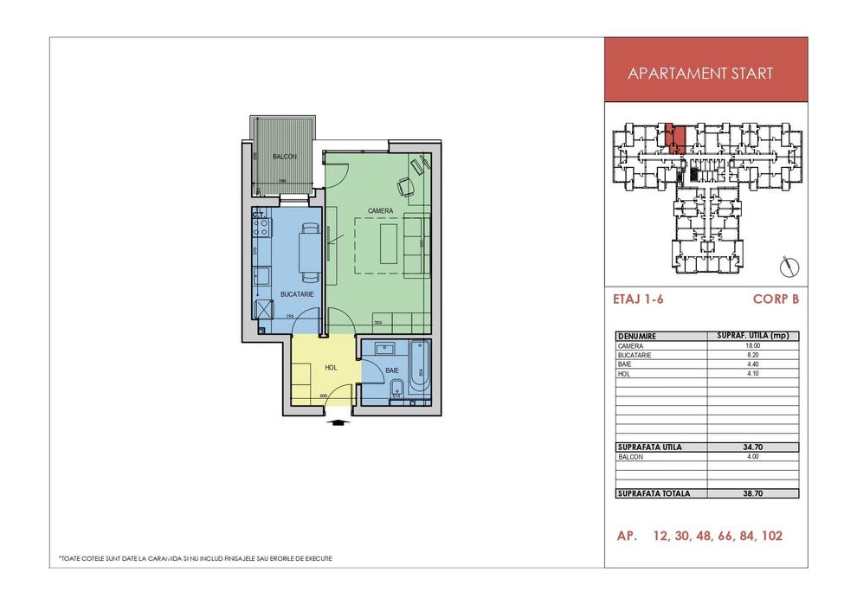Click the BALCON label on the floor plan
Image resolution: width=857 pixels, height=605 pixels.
point(285,157)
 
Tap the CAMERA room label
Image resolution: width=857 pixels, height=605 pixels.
point(380,210)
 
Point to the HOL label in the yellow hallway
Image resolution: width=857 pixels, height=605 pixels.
point(329,367)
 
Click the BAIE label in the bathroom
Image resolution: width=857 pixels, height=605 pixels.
point(392,370)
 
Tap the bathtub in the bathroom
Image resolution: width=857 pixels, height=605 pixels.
point(420,371)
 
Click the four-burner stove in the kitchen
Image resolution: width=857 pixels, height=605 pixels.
point(261,228)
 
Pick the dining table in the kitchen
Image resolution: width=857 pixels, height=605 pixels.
point(308,252)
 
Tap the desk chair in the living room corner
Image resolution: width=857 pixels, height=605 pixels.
point(405,186)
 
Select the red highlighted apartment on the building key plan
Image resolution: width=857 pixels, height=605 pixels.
point(679,138)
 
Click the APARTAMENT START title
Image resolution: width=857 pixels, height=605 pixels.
point(700,74)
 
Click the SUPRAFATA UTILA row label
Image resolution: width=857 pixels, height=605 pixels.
point(650,447)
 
